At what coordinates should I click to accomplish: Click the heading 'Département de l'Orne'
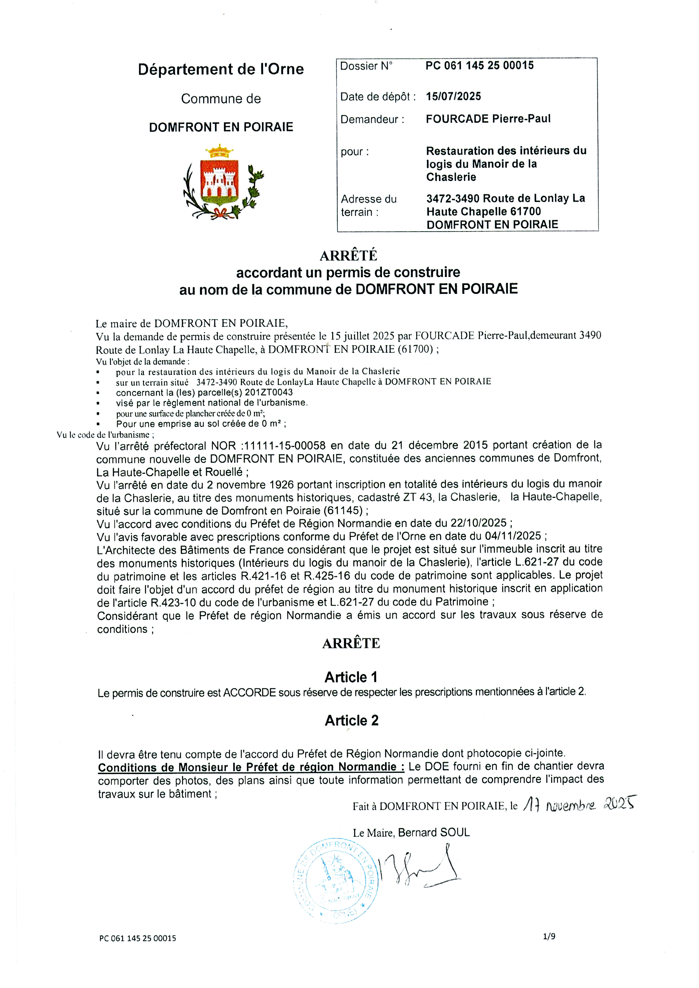click(221, 69)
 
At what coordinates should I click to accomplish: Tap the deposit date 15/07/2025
click(453, 96)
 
